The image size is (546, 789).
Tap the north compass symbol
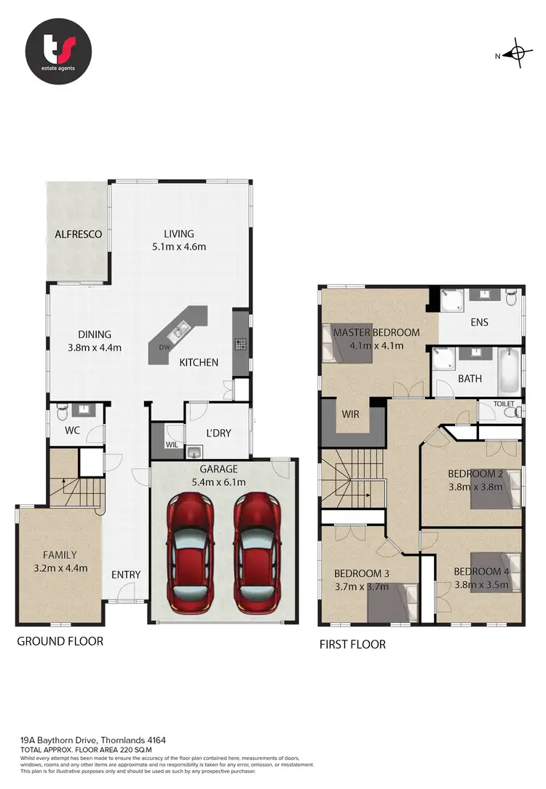518,53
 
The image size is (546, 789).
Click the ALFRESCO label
78,235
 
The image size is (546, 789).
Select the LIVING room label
178,234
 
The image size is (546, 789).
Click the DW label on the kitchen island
165,348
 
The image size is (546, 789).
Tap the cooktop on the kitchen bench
240,344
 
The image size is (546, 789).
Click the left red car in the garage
189,552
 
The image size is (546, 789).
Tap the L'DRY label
218,433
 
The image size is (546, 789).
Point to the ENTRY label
126,575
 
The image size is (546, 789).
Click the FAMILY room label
59,554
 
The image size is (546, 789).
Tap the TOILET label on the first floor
504,404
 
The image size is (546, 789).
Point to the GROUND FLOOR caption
60,641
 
